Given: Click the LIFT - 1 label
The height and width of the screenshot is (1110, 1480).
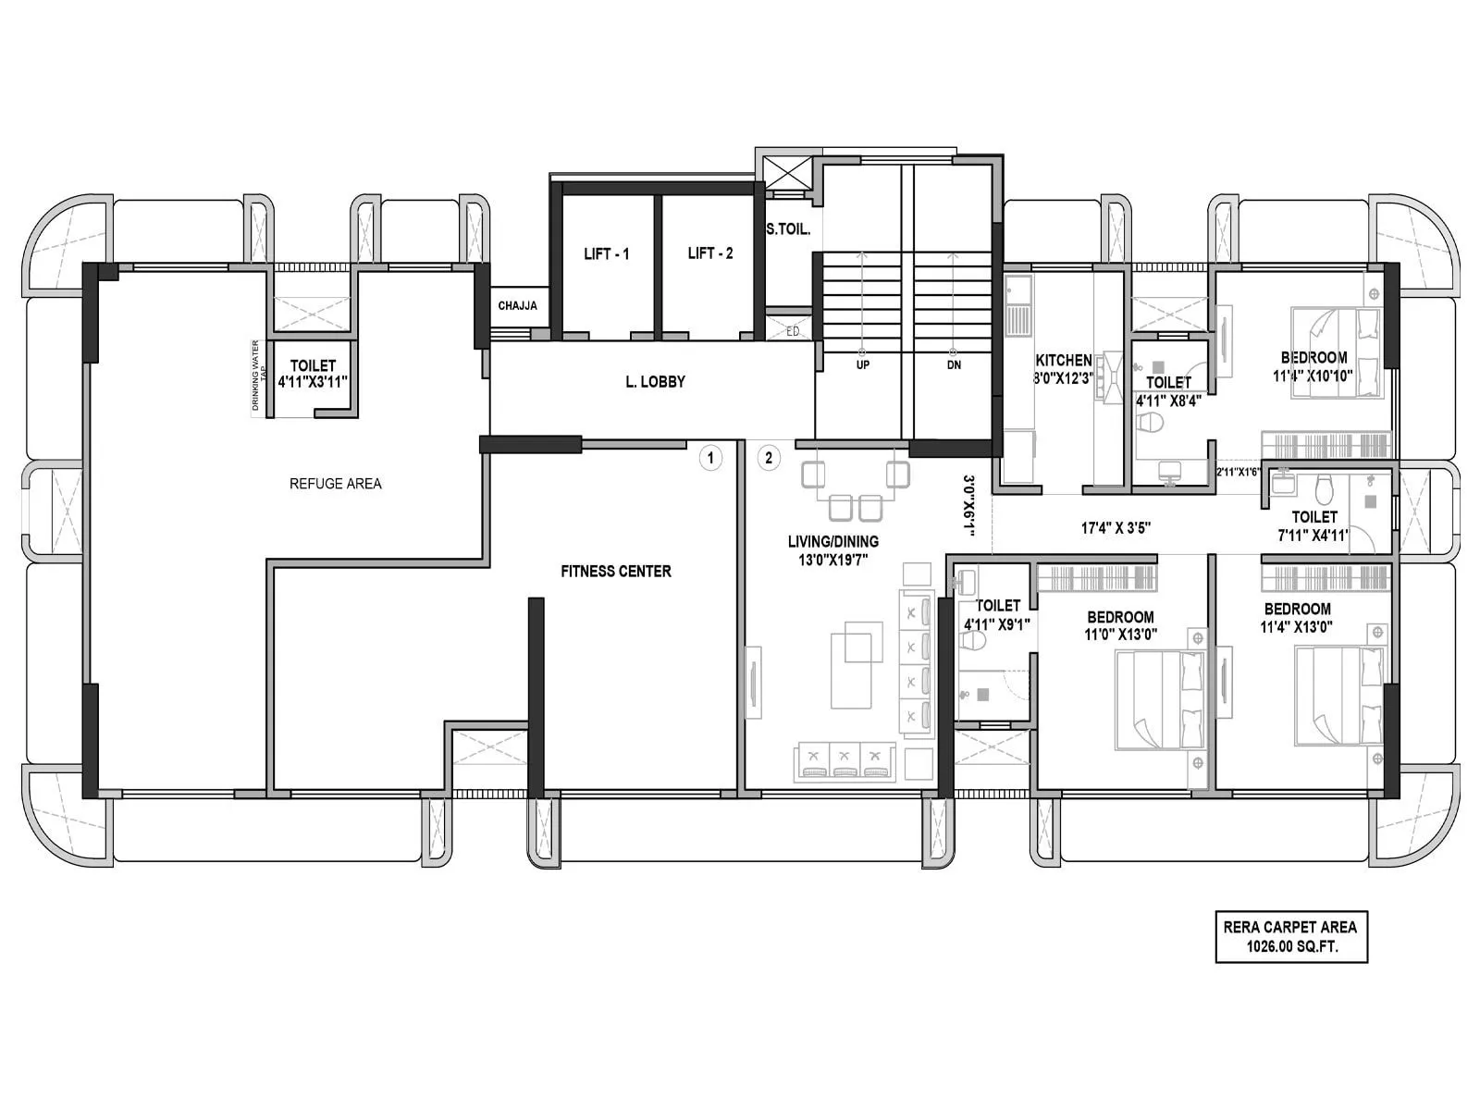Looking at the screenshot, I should [x=606, y=253].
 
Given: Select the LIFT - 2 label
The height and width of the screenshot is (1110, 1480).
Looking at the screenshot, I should [x=709, y=253].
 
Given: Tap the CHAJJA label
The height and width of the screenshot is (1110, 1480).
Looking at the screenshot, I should [x=517, y=306].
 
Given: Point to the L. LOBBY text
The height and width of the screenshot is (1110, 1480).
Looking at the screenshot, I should [x=655, y=381].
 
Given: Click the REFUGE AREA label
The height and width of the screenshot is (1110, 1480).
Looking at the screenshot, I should [x=335, y=484].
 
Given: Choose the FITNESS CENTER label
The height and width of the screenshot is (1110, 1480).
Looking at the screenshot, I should [x=615, y=572].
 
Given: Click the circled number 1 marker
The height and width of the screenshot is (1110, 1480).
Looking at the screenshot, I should [x=710, y=458].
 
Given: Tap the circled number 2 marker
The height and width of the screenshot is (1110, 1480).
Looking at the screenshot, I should [x=768, y=458].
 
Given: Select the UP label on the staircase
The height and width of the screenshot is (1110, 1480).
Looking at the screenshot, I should [x=862, y=365].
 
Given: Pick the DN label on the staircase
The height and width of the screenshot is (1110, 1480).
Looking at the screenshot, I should [x=954, y=365].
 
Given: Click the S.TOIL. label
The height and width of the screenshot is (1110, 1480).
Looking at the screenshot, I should [x=787, y=229].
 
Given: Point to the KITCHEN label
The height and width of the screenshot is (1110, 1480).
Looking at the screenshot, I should [x=1063, y=360].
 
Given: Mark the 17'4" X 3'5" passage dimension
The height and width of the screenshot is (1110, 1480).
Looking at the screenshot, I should [x=1116, y=528].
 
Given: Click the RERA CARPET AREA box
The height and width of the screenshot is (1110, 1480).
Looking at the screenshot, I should [x=1290, y=936].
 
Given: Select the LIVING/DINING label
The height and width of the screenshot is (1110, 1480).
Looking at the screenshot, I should [x=832, y=541].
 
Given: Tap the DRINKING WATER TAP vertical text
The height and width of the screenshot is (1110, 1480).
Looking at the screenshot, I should [x=260, y=376].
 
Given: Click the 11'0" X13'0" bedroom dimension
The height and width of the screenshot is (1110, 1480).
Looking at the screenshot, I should [x=1120, y=635].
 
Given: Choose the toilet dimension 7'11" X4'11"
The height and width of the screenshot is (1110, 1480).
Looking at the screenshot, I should [x=1313, y=535].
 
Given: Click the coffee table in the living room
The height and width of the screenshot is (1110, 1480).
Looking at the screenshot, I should [x=852, y=670].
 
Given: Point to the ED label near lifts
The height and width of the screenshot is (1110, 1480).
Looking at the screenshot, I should [x=793, y=331].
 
